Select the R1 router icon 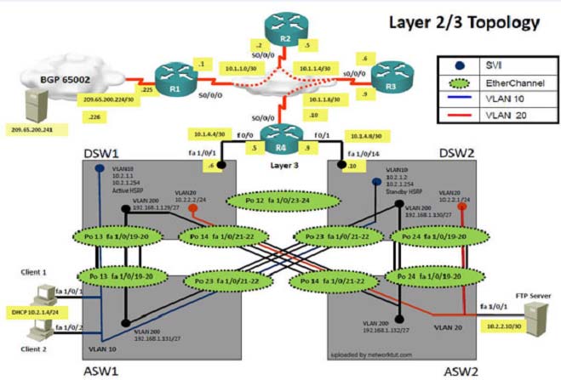coord(176,82)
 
